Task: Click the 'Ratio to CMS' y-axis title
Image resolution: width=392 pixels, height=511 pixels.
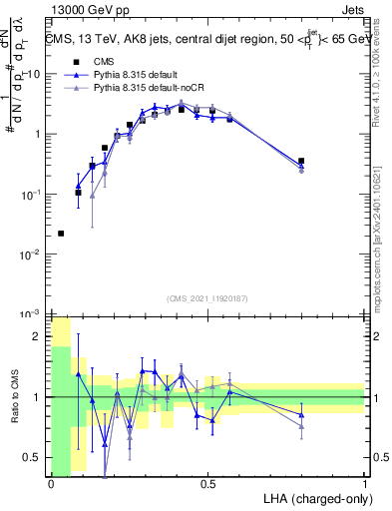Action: point(14,396)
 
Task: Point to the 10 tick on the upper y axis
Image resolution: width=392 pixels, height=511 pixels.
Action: point(32,74)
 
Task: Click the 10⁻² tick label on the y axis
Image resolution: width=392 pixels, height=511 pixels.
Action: point(30,255)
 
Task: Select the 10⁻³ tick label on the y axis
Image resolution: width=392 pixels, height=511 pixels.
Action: point(30,314)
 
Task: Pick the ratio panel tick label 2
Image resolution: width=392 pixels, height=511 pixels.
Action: point(37,337)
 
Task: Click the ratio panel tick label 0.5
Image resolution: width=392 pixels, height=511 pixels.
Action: point(33,457)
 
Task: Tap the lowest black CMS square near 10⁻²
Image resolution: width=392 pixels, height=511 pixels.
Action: point(62,234)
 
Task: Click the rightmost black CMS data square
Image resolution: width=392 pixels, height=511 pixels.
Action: point(301,161)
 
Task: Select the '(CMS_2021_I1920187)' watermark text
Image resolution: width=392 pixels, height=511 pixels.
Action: point(208,298)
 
